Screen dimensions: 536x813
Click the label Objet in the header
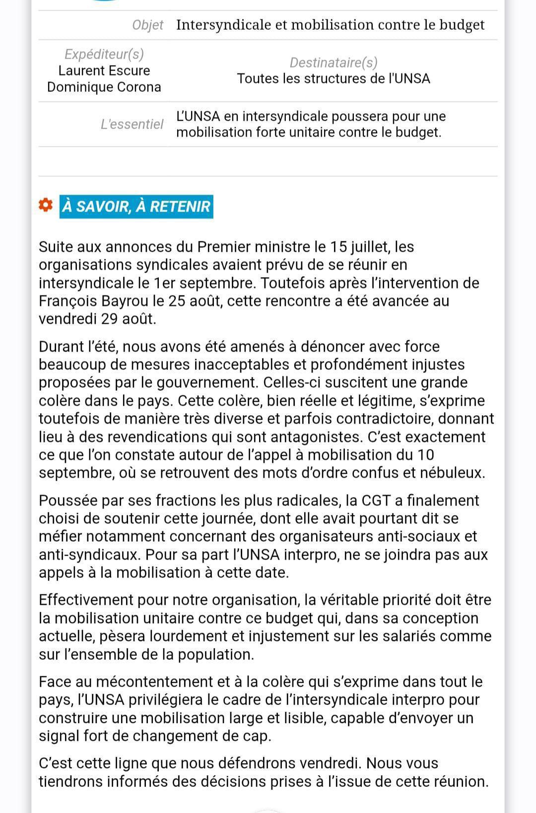pos(147,25)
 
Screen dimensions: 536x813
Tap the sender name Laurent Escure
pos(104,71)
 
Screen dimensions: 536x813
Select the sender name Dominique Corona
pos(104,87)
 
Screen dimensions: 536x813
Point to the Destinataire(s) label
pos(334,63)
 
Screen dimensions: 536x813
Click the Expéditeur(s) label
pos(104,54)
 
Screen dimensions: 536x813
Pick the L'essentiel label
pos(132,124)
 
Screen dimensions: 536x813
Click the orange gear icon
pos(46,206)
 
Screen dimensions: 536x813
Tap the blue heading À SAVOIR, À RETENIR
pos(136,207)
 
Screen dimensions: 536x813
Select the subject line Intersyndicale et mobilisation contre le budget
pos(330,25)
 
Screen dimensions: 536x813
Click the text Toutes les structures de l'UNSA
pos(334,78)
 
